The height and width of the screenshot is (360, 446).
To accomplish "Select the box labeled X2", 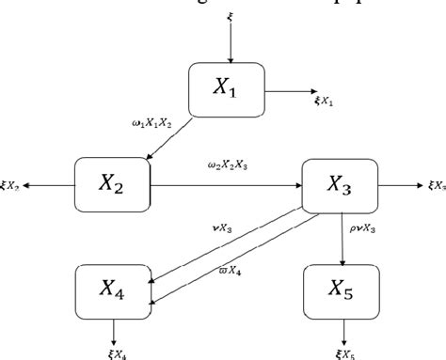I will pyautogui.click(x=113, y=185).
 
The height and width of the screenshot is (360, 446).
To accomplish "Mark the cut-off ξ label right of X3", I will pyautogui.click(x=436, y=186).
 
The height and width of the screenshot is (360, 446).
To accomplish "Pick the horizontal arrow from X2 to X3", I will pyautogui.click(x=226, y=185).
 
